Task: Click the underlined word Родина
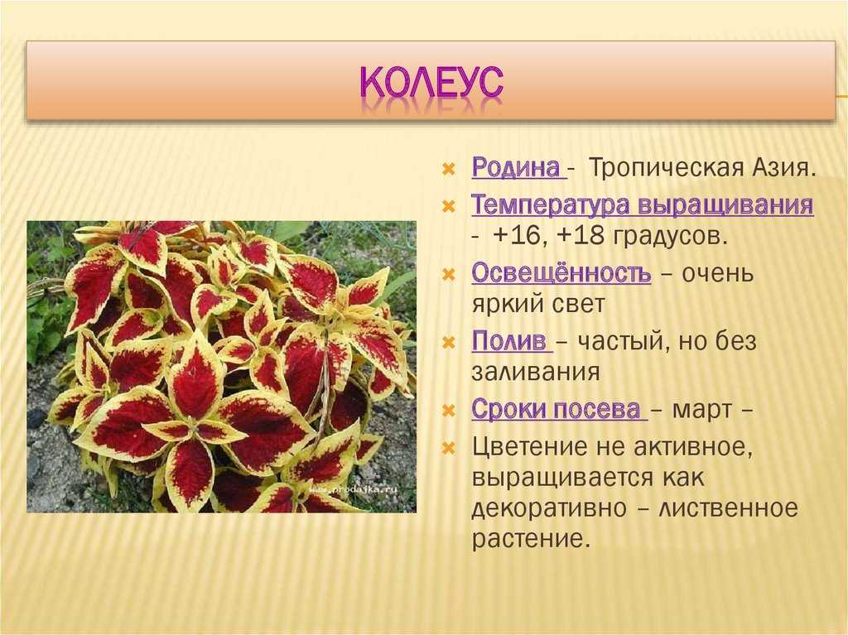(x=516, y=168)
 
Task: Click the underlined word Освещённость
(x=561, y=273)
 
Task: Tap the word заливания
(x=536, y=372)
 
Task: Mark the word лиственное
(x=728, y=508)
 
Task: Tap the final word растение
(x=529, y=539)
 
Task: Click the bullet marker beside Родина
(x=449, y=169)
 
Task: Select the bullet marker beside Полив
(x=449, y=343)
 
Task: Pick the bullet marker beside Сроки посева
(x=449, y=410)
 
